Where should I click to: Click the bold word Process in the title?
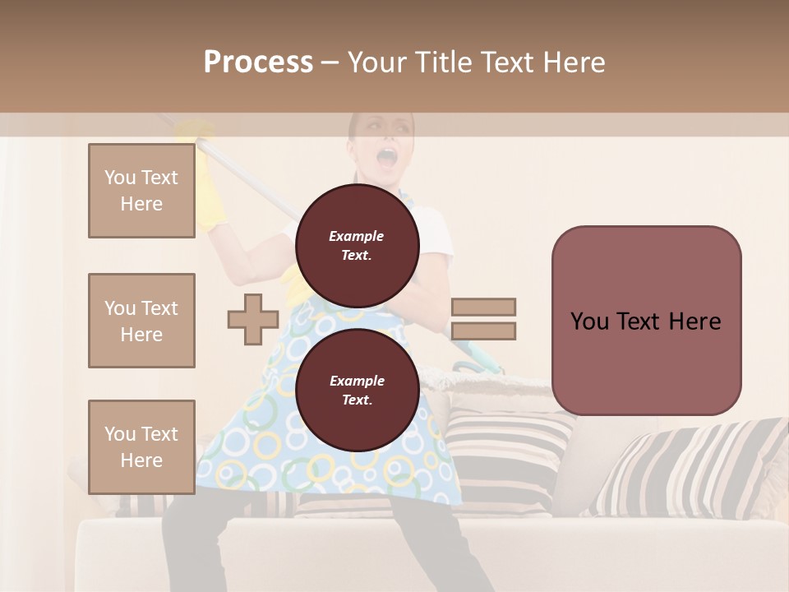pyautogui.click(x=258, y=62)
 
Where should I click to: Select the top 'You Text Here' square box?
pyautogui.click(x=141, y=191)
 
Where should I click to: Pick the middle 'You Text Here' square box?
pyautogui.click(x=141, y=321)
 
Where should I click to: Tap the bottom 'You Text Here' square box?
pyautogui.click(x=141, y=447)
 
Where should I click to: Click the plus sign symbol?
pyautogui.click(x=253, y=320)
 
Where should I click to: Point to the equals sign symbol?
pyautogui.click(x=483, y=319)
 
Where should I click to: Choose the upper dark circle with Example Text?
pyautogui.click(x=358, y=246)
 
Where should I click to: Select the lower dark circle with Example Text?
pyautogui.click(x=358, y=391)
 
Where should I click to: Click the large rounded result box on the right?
pyautogui.click(x=646, y=321)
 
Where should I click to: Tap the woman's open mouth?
pyautogui.click(x=386, y=156)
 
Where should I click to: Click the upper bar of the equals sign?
pyautogui.click(x=483, y=307)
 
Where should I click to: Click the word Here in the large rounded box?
pyautogui.click(x=695, y=321)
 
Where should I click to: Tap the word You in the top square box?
pyautogui.click(x=120, y=178)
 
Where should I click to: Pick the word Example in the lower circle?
pyautogui.click(x=357, y=381)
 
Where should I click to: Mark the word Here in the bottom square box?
pyautogui.click(x=141, y=460)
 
